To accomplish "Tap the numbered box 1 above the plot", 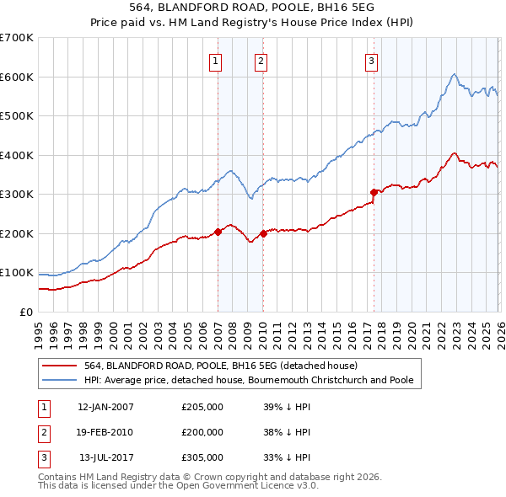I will [x=216, y=60].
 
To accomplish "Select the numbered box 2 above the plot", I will [x=261, y=60].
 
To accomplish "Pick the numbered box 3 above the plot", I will [x=371, y=60].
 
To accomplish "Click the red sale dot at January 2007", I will [x=218, y=231].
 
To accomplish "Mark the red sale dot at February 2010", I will [x=263, y=233].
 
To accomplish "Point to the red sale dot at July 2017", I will [x=373, y=192].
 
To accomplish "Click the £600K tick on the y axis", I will [x=17, y=77].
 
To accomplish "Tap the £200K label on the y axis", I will [x=17, y=233].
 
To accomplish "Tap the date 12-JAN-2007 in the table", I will [x=105, y=407].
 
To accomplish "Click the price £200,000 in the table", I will [x=202, y=432].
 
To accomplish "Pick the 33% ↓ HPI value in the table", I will [x=287, y=457].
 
